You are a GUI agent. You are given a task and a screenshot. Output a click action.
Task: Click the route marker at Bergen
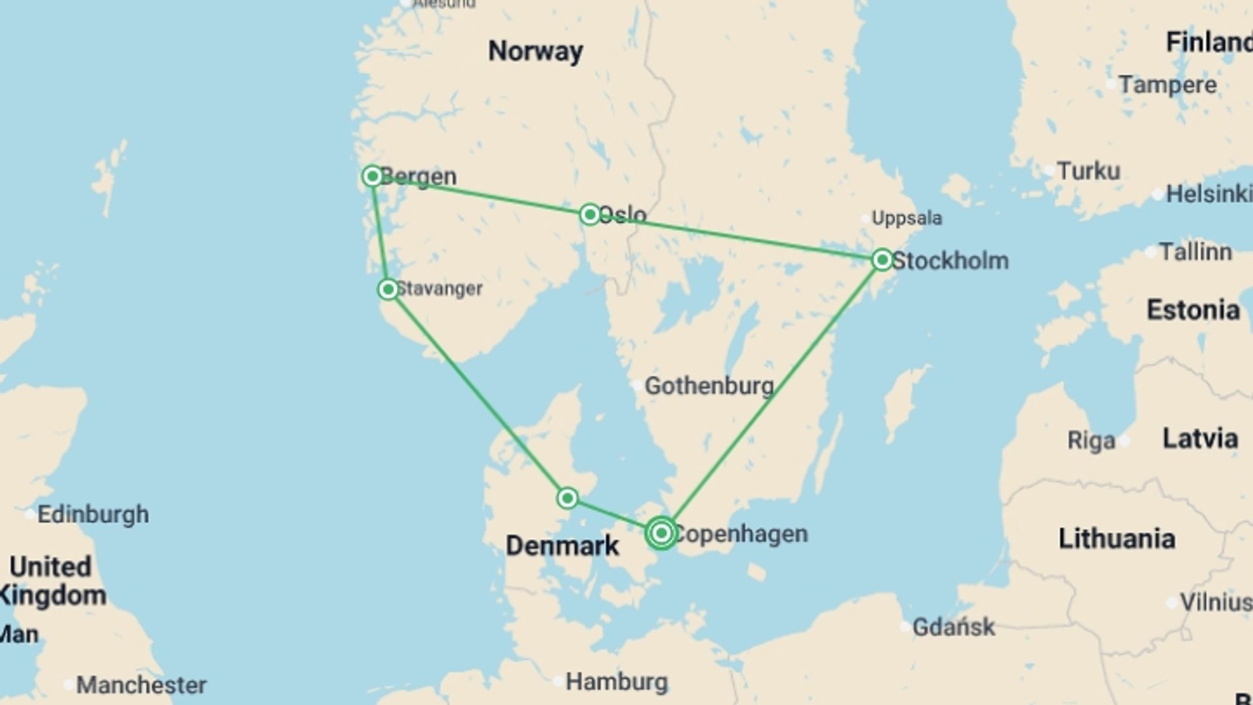click(372, 176)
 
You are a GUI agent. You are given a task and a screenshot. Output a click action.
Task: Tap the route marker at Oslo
click(590, 214)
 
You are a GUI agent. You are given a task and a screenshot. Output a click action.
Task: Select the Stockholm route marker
click(882, 260)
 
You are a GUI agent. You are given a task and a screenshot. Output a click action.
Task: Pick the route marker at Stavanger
click(388, 289)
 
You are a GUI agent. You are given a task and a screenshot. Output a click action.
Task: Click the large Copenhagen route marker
click(661, 533)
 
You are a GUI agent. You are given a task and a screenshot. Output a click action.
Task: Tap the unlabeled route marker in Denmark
click(567, 499)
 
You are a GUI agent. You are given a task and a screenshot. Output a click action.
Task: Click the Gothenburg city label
click(709, 386)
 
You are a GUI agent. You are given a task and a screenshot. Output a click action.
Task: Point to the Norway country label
click(535, 51)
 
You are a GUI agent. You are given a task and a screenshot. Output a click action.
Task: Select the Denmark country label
click(562, 546)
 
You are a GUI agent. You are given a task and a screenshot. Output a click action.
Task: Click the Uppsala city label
click(906, 218)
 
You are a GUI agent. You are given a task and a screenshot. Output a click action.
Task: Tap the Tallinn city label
click(1195, 252)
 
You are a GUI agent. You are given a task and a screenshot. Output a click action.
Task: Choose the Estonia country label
click(1193, 310)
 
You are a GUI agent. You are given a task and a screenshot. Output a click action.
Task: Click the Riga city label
click(1091, 441)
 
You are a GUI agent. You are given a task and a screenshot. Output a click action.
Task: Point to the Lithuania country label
click(1116, 539)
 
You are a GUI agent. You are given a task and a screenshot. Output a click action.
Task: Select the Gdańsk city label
click(953, 627)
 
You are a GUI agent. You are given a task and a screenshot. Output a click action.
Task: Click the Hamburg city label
click(616, 682)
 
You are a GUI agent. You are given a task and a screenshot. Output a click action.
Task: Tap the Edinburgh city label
click(93, 514)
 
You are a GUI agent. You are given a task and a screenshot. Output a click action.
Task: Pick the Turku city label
click(1088, 171)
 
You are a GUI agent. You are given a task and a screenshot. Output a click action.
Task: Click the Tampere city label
click(1167, 85)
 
